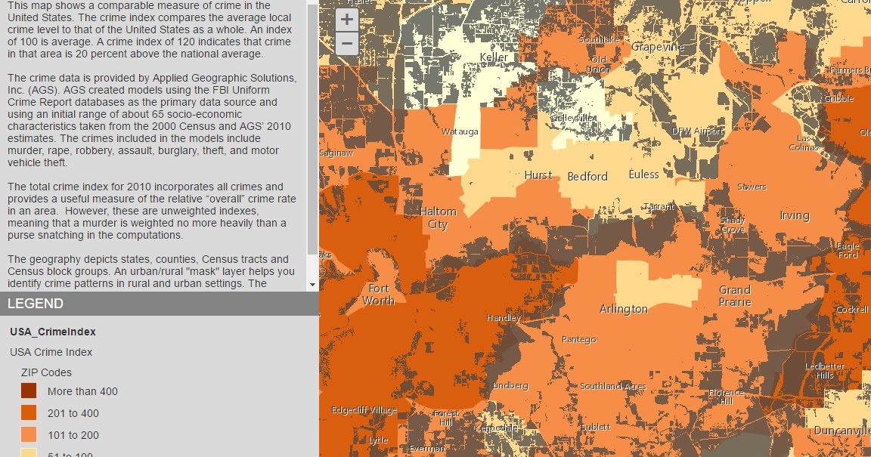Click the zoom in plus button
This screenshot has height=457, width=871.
(x=346, y=20)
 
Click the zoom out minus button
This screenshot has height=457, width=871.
(x=346, y=44)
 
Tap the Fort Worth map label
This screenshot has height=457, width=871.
(x=378, y=295)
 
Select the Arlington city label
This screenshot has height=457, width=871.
(x=624, y=309)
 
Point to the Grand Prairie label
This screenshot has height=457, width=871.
(x=735, y=296)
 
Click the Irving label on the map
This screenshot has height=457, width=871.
(x=794, y=215)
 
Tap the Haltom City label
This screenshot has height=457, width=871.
(x=438, y=218)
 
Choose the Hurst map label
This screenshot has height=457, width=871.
(x=538, y=175)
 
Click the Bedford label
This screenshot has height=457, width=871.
(x=587, y=176)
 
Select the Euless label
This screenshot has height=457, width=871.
(x=643, y=174)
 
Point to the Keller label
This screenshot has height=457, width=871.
(x=494, y=57)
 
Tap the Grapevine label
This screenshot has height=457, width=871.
(x=658, y=47)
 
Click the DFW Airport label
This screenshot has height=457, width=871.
(x=697, y=131)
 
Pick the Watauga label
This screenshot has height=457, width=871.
(x=460, y=131)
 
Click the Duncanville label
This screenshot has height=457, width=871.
(x=842, y=430)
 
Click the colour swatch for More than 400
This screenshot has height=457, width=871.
(x=29, y=391)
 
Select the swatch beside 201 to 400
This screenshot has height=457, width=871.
(x=29, y=413)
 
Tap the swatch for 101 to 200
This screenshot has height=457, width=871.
(x=29, y=435)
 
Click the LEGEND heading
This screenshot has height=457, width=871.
(x=36, y=304)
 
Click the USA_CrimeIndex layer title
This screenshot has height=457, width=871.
(x=53, y=332)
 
